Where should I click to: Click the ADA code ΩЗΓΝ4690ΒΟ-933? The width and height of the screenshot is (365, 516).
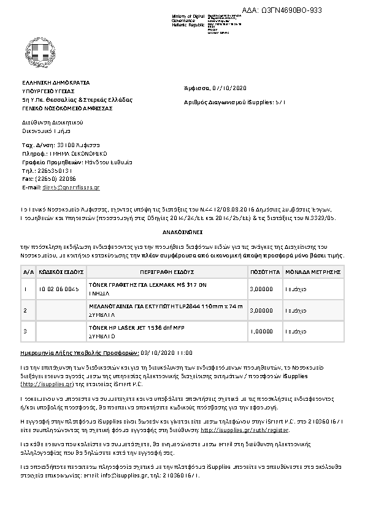286,11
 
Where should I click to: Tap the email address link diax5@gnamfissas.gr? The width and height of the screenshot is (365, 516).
70,187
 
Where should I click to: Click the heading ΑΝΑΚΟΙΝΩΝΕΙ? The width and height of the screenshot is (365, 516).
182,233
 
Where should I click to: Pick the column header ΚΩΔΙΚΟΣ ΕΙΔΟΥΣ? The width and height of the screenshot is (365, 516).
59,270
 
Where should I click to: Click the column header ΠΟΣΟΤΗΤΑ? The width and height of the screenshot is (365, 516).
265,270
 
